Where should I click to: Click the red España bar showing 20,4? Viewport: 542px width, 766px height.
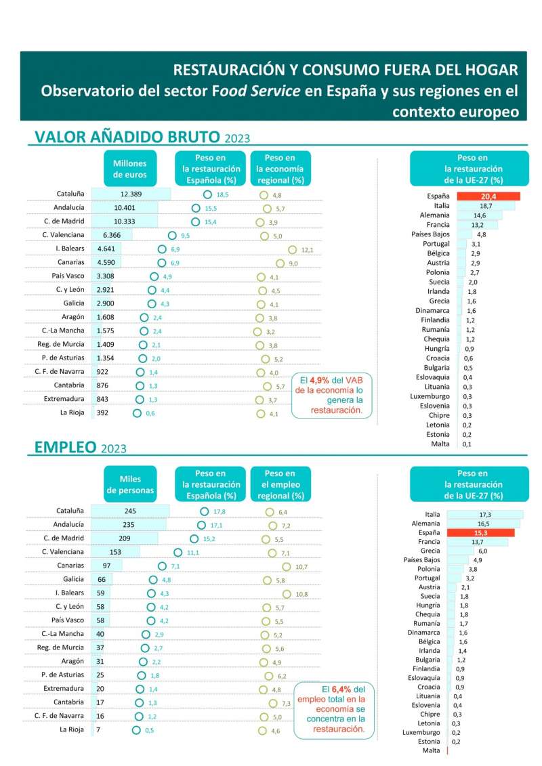488,196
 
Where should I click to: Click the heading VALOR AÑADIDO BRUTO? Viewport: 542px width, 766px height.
127,137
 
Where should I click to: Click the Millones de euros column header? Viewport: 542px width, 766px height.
130,169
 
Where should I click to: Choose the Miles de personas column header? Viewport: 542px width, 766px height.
130,484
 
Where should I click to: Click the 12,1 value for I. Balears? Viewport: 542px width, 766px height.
307,250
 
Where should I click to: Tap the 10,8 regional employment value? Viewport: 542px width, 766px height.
301,594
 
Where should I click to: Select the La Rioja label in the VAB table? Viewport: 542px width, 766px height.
72,412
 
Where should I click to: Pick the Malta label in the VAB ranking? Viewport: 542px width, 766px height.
440,444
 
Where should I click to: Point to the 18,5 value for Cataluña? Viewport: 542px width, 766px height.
222,194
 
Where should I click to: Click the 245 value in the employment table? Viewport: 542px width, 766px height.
131,511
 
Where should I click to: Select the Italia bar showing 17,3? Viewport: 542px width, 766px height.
484,515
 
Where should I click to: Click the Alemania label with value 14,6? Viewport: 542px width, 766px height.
434,215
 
